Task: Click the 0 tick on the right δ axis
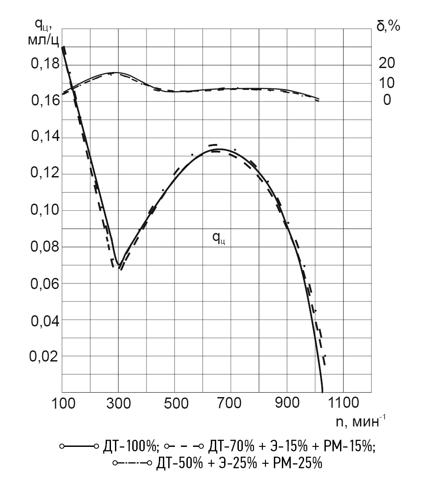point(387,100)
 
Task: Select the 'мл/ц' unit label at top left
point(43,40)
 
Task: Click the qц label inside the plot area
point(218,239)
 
